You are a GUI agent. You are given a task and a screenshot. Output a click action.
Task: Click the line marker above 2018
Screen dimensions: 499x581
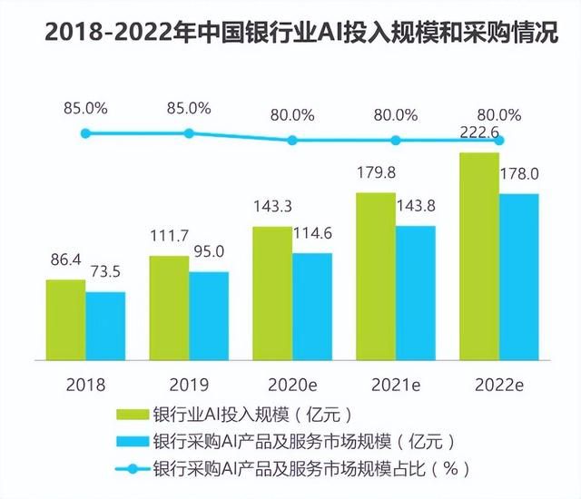pos(86,133)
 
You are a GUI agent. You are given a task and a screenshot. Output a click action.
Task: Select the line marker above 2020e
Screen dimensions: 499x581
pos(292,140)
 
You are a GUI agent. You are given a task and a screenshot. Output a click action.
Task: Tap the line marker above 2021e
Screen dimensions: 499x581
pos(396,140)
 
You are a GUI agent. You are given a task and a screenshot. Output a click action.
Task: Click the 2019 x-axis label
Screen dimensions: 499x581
pos(190,384)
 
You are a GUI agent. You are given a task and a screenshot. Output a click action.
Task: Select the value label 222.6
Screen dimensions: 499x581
pos(481,133)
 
